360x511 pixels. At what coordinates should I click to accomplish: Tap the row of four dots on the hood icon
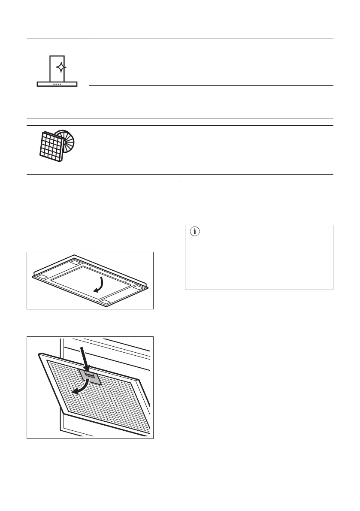click(57, 84)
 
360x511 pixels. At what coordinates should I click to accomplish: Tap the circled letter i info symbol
click(195, 232)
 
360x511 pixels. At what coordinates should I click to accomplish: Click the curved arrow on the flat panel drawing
click(100, 284)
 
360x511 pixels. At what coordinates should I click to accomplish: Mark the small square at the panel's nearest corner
click(104, 302)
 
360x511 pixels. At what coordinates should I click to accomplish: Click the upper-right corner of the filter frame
click(140, 381)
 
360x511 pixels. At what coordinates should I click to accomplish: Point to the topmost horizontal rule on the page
click(180, 39)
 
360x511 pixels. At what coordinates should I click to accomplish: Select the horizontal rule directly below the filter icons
click(180, 174)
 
